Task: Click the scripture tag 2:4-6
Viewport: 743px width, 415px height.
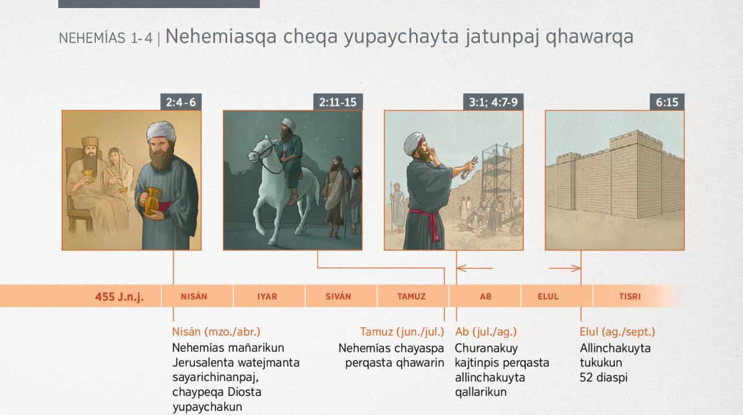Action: pyautogui.click(x=181, y=102)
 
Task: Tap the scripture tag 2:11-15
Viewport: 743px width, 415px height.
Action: pyautogui.click(x=337, y=102)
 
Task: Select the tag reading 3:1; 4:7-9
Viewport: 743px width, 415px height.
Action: pyautogui.click(x=493, y=102)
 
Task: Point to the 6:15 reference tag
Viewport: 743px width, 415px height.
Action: pyautogui.click(x=667, y=102)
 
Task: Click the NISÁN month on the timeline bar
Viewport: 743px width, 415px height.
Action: pyautogui.click(x=194, y=296)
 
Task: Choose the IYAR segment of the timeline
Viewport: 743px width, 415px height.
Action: pyautogui.click(x=267, y=296)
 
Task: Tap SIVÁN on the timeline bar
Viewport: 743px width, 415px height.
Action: pyautogui.click(x=338, y=296)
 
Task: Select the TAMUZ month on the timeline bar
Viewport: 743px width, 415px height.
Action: pyautogui.click(x=411, y=296)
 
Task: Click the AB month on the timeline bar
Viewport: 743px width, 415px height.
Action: pyautogui.click(x=485, y=296)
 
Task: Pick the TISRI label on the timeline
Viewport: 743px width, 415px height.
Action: pyautogui.click(x=630, y=296)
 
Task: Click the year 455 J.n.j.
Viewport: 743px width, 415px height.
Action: pyautogui.click(x=119, y=297)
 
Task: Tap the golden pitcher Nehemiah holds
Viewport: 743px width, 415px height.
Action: pyautogui.click(x=152, y=201)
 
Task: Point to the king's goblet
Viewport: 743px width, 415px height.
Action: pyautogui.click(x=88, y=174)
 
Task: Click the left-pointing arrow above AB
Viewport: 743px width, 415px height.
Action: pyautogui.click(x=475, y=268)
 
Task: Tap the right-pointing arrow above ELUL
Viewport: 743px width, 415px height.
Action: pyautogui.click(x=565, y=268)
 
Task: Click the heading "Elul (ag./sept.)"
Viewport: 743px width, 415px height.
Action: pyautogui.click(x=617, y=332)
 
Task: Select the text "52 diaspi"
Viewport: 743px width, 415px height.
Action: pyautogui.click(x=603, y=377)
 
